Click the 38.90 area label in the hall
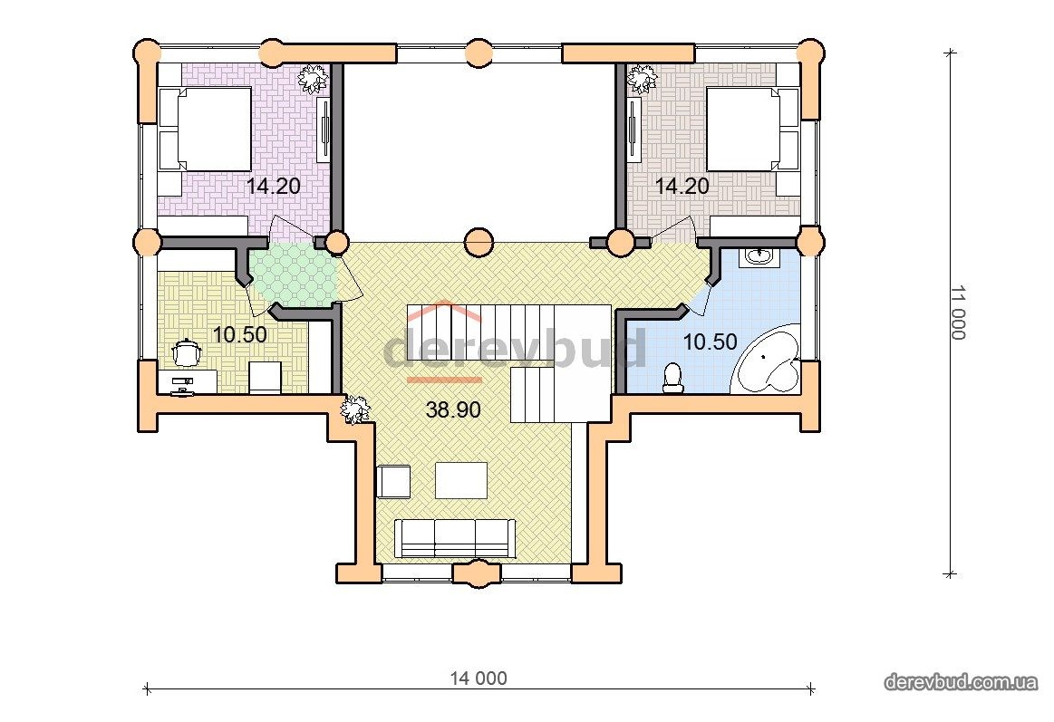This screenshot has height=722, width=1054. point(453,409)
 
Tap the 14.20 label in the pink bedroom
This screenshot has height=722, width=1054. point(273,186)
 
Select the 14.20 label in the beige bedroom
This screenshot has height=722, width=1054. point(682,186)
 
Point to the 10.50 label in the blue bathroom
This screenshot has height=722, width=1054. point(710,342)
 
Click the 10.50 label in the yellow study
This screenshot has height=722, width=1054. point(239,333)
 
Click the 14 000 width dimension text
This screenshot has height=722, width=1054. point(479,679)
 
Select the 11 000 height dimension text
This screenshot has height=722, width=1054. point(958,313)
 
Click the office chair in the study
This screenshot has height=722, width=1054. point(185,352)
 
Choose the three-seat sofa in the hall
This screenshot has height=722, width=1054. point(455,538)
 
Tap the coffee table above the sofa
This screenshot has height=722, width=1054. point(461,480)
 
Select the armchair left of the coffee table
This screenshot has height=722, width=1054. point(393,482)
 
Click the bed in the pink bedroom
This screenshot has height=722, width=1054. point(205,129)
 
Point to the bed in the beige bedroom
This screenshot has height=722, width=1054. point(753,129)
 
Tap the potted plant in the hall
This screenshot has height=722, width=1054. point(355,409)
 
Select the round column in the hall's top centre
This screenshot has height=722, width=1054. point(479,241)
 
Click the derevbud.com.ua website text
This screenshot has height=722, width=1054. point(961,682)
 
